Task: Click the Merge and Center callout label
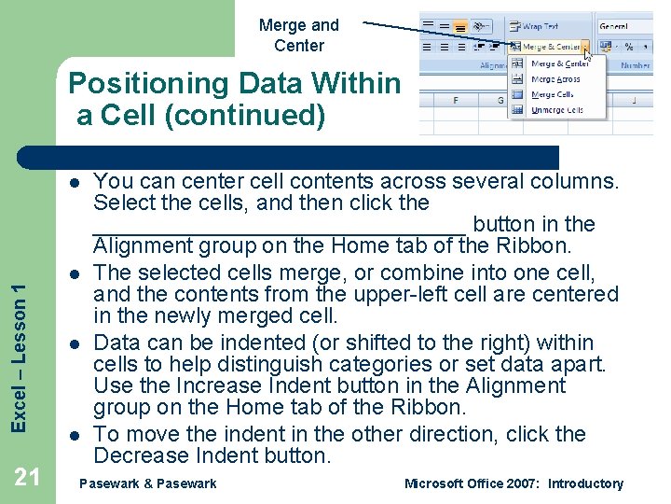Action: tap(298, 35)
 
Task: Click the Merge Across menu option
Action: tap(555, 79)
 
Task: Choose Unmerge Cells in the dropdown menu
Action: tap(556, 110)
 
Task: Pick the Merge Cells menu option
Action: tap(552, 94)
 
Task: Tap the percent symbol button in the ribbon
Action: tap(629, 46)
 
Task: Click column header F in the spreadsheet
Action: tap(455, 99)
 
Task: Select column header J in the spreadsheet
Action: tap(634, 99)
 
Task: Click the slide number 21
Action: tap(27, 477)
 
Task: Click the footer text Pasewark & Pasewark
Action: tap(148, 483)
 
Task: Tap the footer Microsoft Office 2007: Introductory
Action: tap(514, 483)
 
